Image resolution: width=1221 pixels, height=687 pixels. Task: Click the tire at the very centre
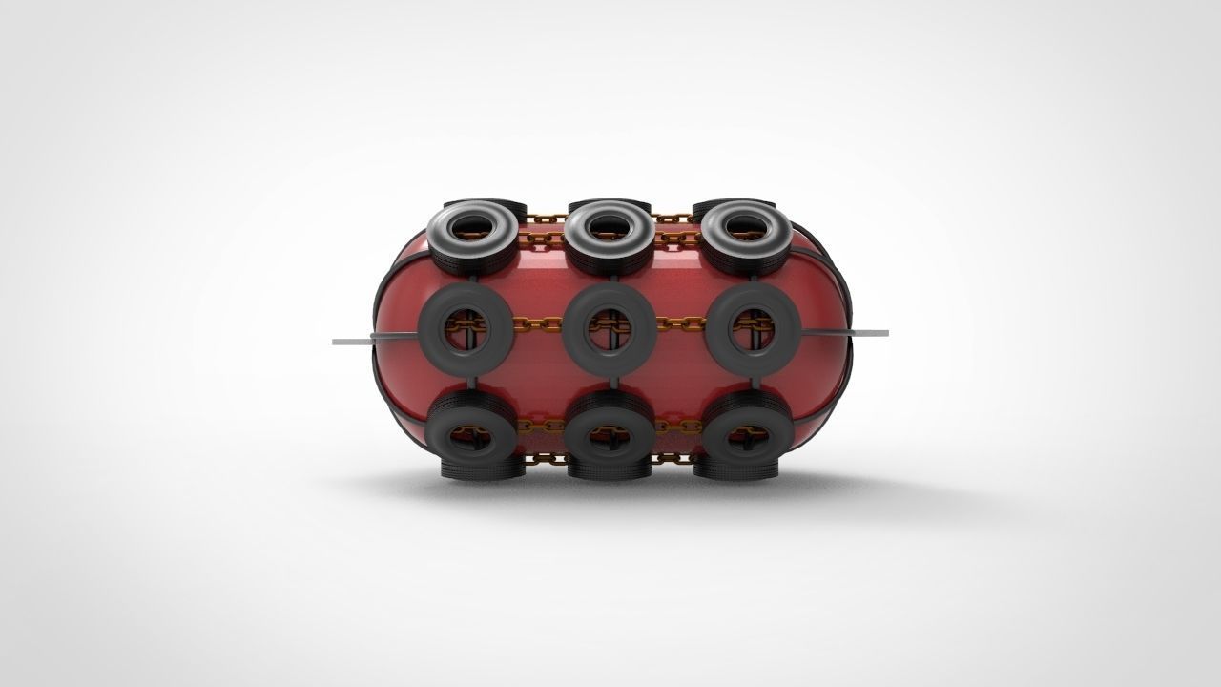pos(576,330)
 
